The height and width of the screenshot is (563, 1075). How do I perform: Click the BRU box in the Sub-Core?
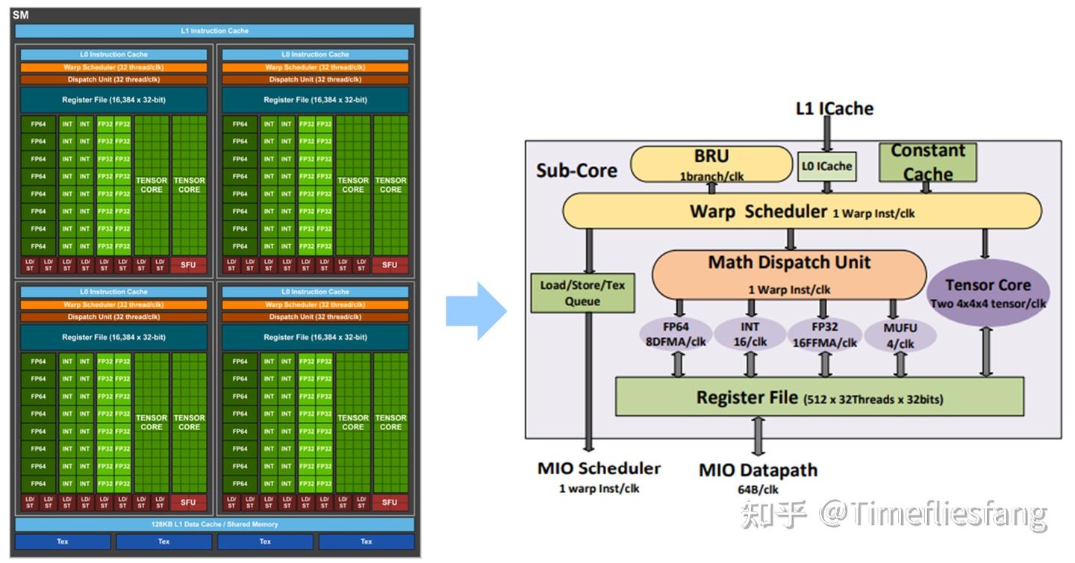[711, 164]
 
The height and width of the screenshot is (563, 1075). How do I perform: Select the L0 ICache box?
[826, 166]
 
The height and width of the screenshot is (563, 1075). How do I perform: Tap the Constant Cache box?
[927, 162]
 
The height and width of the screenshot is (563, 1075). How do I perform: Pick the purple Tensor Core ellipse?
[988, 292]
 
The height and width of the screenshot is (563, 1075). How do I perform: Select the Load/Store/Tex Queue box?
[582, 293]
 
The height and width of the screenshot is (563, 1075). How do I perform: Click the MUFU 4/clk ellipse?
[900, 335]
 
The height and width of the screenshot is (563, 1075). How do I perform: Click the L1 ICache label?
[835, 108]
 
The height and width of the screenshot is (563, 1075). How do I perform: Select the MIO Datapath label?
[758, 470]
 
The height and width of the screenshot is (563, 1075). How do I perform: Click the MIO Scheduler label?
[599, 469]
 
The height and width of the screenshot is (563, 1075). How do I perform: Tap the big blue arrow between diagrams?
[476, 311]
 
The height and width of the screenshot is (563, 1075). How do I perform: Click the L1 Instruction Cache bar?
[214, 31]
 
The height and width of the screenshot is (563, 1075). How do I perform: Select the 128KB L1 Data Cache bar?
[214, 524]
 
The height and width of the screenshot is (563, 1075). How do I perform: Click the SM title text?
[20, 14]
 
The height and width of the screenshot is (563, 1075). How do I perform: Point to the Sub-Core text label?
[576, 170]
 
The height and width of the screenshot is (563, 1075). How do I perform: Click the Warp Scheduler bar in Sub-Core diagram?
[801, 211]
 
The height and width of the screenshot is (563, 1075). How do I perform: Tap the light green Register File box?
[819, 396]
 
